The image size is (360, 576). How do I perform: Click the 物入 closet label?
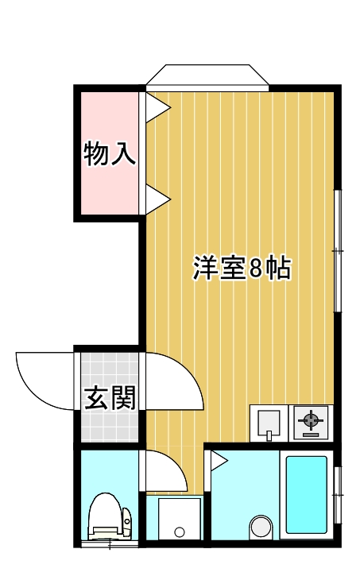110,153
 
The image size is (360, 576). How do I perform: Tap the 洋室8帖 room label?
242,269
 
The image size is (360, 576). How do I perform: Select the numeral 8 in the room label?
255,269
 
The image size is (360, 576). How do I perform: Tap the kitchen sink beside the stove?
269,422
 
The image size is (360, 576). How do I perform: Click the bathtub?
307,494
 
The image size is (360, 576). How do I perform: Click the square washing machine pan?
179,519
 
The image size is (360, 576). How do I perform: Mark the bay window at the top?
209,75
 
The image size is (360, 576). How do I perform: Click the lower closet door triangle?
156,198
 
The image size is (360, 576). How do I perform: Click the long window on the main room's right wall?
338,251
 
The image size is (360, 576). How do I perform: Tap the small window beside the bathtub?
338,492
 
